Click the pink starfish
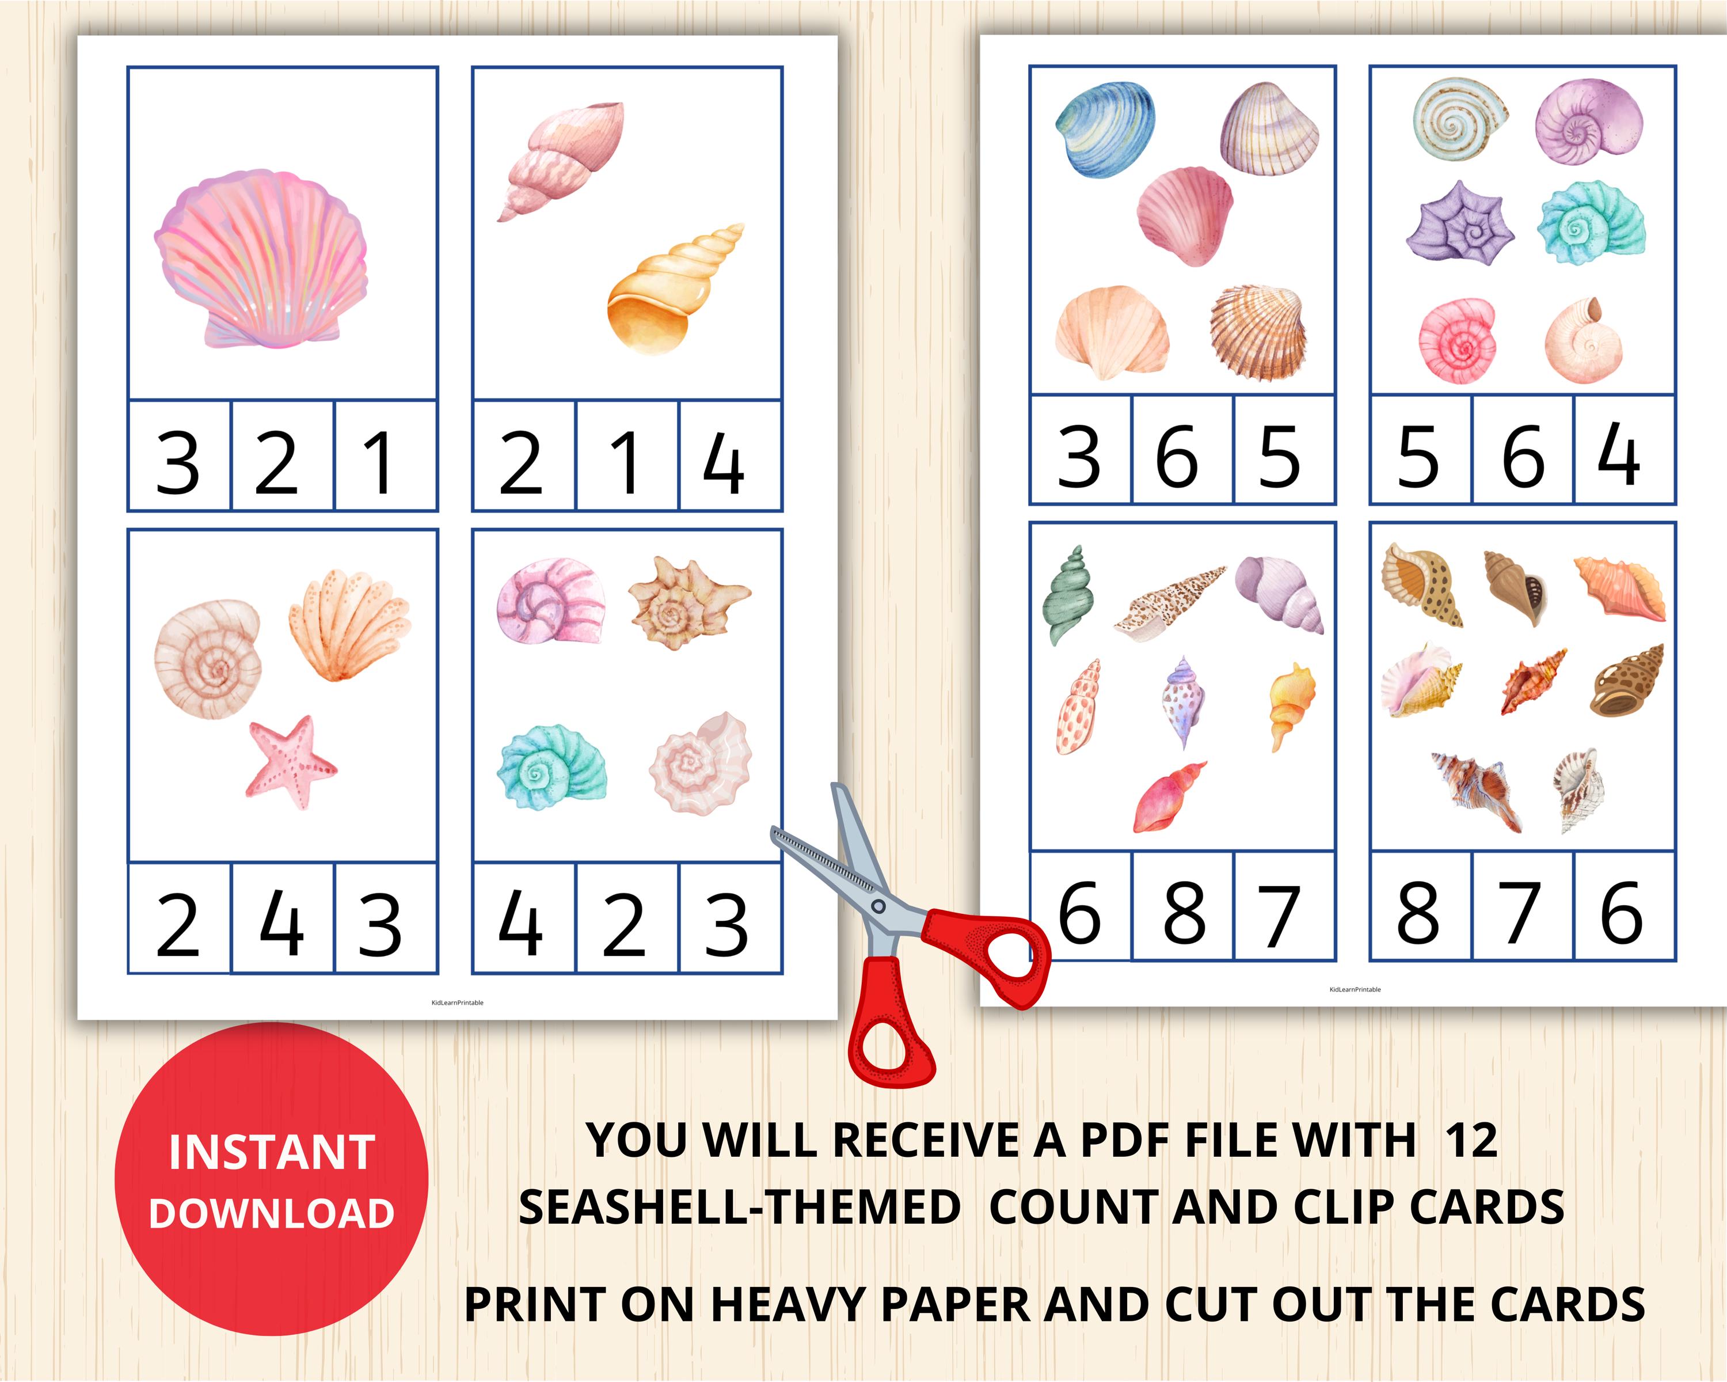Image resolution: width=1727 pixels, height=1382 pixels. click(290, 761)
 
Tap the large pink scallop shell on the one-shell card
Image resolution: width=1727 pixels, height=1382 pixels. click(260, 258)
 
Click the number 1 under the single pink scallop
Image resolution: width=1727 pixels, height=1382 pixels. click(377, 462)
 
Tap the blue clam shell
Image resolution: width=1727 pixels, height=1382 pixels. click(1105, 130)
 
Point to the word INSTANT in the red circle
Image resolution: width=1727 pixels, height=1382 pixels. click(272, 1152)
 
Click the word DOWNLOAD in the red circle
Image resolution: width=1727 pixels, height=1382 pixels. click(272, 1214)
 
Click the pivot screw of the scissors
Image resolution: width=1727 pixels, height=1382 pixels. click(878, 906)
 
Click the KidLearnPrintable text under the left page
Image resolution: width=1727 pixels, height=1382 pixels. click(458, 1003)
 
